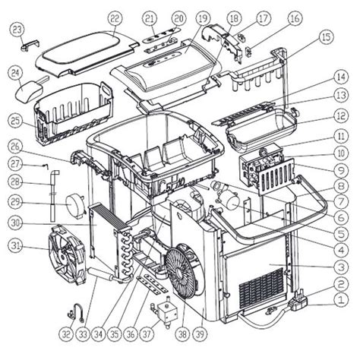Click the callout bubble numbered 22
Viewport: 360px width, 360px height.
115,17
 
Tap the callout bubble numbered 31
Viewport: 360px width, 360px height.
15,245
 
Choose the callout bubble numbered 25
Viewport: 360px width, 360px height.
15,120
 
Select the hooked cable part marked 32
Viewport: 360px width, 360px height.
76,311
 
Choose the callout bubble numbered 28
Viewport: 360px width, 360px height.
15,182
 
